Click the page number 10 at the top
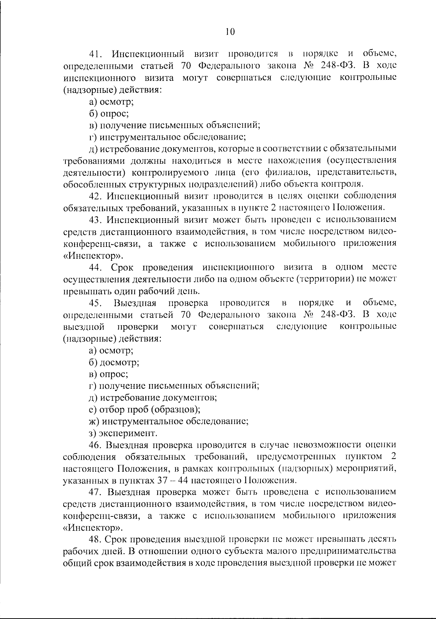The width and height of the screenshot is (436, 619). click(230, 32)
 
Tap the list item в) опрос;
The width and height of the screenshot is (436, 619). click(108, 374)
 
